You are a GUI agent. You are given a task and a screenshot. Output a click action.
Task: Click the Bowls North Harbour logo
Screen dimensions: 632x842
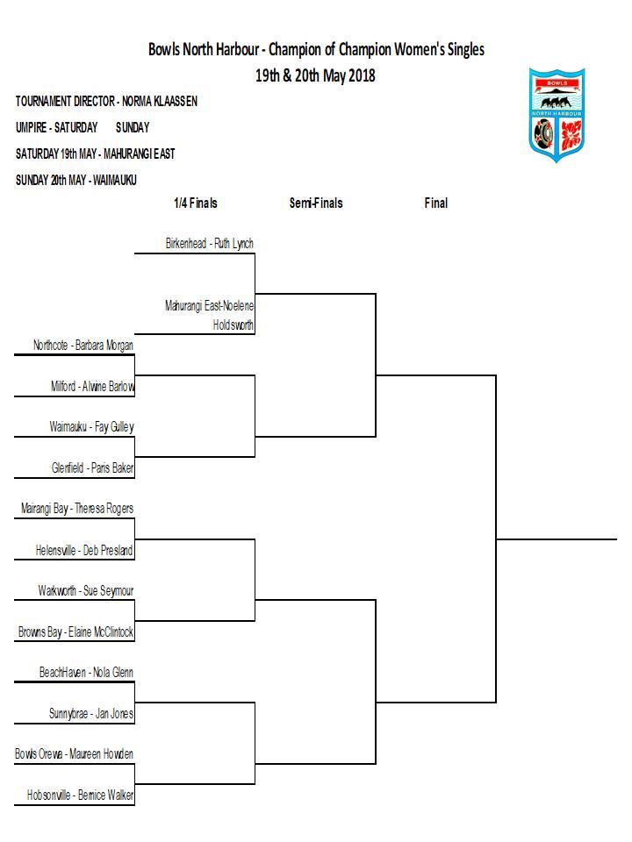click(x=557, y=114)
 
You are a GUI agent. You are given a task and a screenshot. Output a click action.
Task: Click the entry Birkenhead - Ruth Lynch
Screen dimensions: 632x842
click(x=210, y=244)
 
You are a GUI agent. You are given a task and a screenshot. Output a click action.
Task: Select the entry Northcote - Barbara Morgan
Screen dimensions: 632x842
click(x=83, y=345)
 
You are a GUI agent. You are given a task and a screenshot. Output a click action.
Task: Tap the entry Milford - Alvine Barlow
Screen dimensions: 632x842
click(x=92, y=386)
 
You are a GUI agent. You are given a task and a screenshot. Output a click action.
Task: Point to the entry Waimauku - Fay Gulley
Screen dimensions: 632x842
click(x=92, y=427)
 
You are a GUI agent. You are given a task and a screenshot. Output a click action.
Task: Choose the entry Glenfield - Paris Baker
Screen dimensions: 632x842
click(x=92, y=467)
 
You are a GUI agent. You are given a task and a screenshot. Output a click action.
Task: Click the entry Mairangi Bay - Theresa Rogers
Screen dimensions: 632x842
click(x=77, y=509)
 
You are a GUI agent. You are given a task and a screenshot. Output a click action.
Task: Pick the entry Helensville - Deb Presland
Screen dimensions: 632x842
click(x=84, y=550)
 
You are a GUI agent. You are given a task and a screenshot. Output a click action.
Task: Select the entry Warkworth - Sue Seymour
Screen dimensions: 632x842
click(x=86, y=590)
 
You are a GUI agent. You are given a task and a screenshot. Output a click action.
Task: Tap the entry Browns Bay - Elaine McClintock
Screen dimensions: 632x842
click(x=75, y=632)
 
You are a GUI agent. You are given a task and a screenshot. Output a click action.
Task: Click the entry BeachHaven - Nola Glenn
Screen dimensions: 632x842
click(x=86, y=673)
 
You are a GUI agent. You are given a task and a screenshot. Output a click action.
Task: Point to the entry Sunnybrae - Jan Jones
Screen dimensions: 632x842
click(x=91, y=714)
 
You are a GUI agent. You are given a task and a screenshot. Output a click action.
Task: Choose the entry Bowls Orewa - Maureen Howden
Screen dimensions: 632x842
click(x=74, y=754)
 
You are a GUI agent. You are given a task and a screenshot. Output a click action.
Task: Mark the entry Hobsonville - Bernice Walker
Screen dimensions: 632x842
click(x=81, y=795)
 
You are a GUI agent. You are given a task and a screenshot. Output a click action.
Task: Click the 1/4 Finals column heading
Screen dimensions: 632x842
click(x=196, y=203)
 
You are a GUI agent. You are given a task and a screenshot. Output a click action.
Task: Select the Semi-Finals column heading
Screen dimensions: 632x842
click(x=316, y=203)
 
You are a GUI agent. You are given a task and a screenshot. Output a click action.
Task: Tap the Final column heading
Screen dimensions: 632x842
click(x=436, y=203)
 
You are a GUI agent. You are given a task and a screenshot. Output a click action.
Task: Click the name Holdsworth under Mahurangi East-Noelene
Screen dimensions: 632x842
click(x=233, y=325)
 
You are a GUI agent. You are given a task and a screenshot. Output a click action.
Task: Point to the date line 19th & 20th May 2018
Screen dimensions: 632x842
click(x=315, y=75)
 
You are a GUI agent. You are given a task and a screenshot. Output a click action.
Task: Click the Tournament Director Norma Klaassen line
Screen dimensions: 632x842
click(x=106, y=101)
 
